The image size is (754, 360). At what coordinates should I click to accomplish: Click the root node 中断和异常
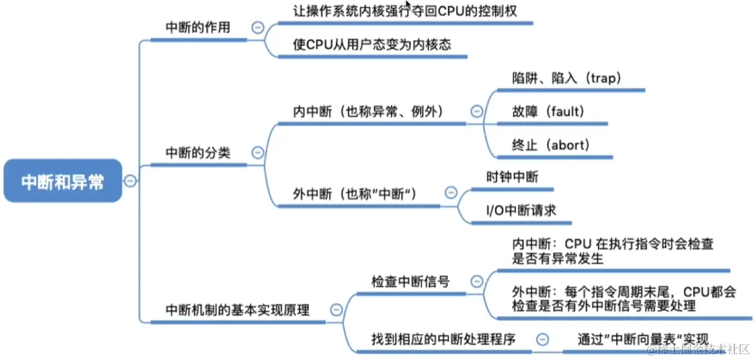(x=62, y=181)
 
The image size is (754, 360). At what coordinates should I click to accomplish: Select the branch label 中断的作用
(x=197, y=28)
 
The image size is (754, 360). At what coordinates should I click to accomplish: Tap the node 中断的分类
(x=197, y=153)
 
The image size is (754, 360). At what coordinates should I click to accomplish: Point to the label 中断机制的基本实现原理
(x=238, y=309)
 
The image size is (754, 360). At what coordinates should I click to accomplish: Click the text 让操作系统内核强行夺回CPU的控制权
(x=405, y=10)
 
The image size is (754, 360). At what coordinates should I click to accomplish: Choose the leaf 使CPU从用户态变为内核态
(x=371, y=45)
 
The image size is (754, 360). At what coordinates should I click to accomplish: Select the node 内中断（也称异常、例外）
(x=368, y=111)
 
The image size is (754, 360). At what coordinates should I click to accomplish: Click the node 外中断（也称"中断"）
(x=355, y=194)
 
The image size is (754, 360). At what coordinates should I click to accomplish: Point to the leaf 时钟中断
(x=512, y=176)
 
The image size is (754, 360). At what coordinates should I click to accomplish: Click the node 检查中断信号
(x=410, y=282)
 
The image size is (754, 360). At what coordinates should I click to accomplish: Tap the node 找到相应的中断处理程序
(x=443, y=339)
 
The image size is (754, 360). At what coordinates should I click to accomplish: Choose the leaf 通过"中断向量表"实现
(x=643, y=339)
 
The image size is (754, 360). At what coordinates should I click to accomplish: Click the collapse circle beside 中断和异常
(x=130, y=181)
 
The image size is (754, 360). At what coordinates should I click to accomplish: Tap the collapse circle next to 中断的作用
(x=258, y=28)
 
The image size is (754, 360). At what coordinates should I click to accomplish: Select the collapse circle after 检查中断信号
(x=477, y=282)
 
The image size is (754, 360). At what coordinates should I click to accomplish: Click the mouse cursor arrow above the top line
(x=408, y=5)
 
